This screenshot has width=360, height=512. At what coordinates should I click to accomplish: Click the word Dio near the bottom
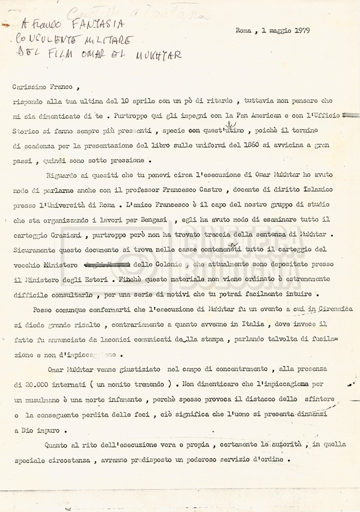(x=27, y=431)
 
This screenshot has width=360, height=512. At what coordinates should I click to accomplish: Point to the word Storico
(x=23, y=130)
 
